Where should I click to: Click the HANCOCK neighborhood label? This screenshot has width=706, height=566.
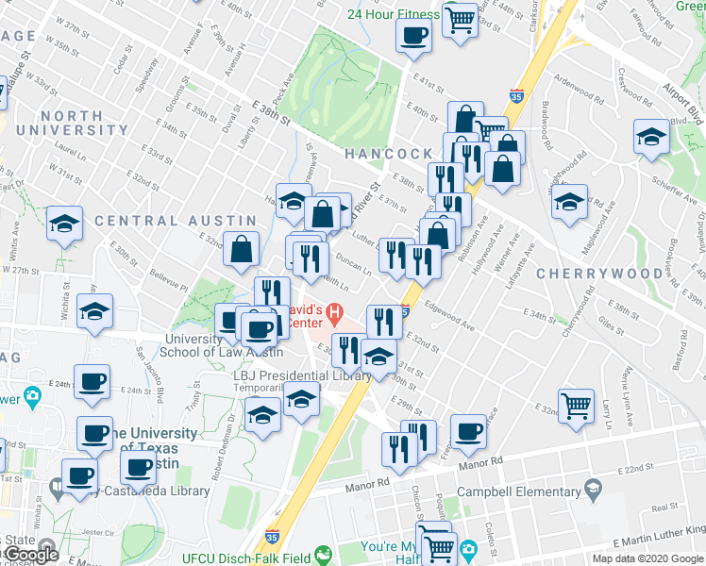(387, 153)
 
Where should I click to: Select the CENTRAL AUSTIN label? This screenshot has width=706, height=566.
(150, 221)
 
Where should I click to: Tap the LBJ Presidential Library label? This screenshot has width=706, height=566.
(302, 375)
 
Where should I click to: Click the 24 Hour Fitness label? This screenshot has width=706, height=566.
(393, 14)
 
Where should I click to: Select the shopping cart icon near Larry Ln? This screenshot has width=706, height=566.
(576, 405)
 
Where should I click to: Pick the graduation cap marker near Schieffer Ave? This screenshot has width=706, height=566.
(651, 137)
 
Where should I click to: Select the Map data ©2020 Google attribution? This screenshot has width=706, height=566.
(648, 558)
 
